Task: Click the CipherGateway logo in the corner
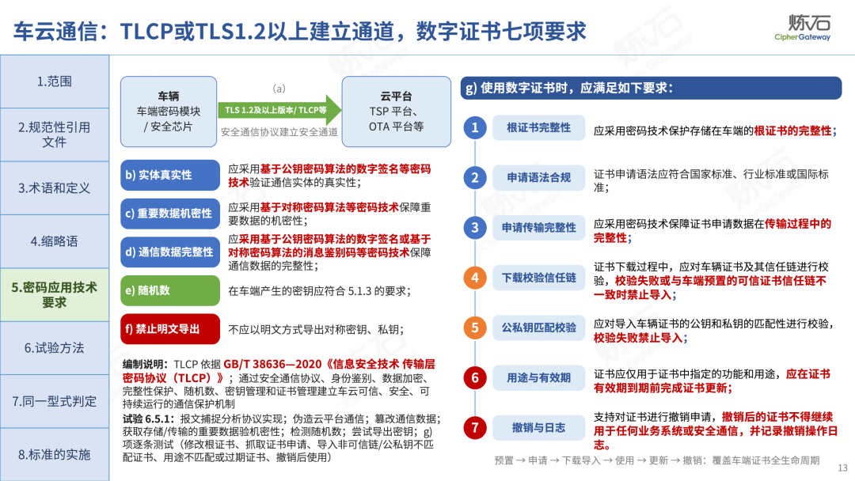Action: point(803,27)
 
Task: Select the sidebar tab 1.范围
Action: point(55,81)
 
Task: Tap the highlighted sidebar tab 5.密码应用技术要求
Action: point(55,295)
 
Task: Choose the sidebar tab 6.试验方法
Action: point(55,348)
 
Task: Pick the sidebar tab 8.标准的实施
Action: point(55,454)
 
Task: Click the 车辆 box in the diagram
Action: point(169,111)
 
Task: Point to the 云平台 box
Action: point(397,111)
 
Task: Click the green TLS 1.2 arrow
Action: point(279,110)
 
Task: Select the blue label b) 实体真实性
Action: point(170,175)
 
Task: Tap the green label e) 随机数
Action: point(170,290)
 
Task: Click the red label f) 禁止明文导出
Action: point(170,329)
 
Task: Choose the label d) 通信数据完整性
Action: point(170,252)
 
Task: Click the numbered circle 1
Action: point(475,127)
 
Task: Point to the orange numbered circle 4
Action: point(475,278)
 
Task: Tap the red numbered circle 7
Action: point(475,428)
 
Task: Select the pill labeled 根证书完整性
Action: point(539,127)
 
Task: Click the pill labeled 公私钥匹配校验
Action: point(539,328)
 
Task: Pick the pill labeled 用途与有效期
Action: point(539,377)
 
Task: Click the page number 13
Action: point(842,468)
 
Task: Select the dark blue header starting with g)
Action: point(651,88)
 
